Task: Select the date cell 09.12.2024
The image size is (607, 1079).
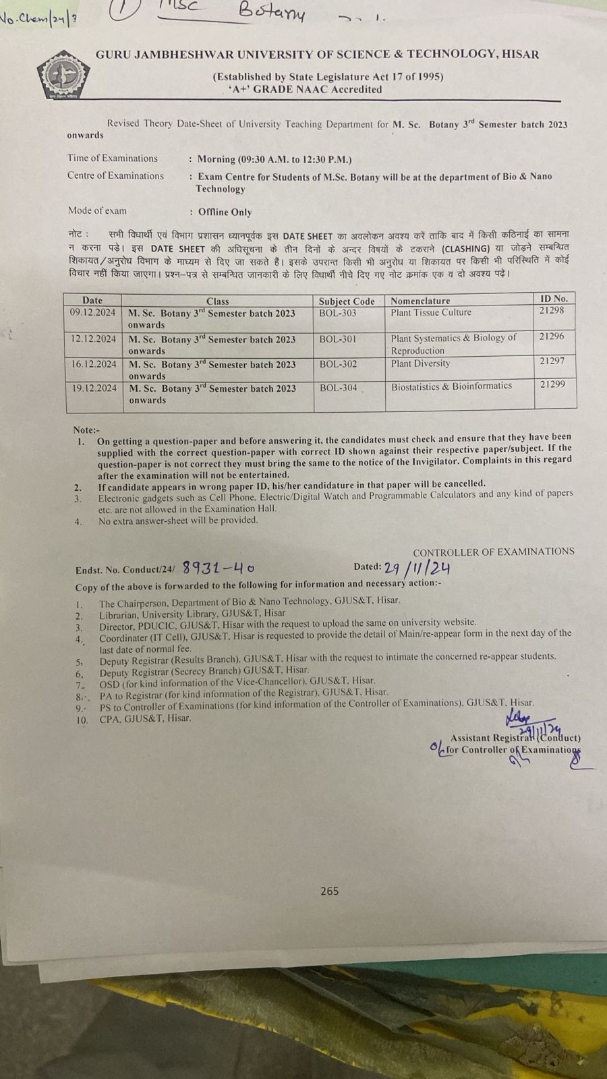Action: point(92,313)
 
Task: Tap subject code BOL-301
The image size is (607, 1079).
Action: point(338,339)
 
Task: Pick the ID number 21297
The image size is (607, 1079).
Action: point(552,361)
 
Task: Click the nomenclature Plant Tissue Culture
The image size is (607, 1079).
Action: point(431,312)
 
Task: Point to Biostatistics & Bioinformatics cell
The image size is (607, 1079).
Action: point(451,386)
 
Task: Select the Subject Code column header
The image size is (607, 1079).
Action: point(347,301)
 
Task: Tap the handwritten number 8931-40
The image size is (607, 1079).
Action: point(219,568)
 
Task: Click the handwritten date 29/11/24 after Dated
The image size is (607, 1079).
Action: point(417,568)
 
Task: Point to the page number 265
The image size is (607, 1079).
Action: point(329,891)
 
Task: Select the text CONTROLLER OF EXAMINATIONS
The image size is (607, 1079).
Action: point(494,552)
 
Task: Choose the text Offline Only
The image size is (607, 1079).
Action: point(225,212)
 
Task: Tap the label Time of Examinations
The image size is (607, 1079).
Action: point(112,158)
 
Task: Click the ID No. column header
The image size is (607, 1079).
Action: point(554,298)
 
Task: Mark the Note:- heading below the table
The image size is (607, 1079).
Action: point(86,430)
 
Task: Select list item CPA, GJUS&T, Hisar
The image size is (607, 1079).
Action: point(145,719)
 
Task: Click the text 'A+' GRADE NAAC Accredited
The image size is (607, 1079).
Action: point(305,89)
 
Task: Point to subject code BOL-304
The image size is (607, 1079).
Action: point(339,388)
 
